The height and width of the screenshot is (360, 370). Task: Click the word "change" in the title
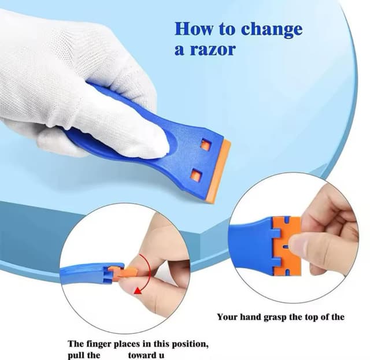click(272, 29)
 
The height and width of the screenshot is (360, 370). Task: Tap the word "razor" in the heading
click(213, 50)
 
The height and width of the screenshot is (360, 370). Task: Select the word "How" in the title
click(194, 28)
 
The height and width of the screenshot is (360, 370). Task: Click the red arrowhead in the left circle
click(138, 291)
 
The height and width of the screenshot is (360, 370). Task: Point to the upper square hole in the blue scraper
click(205, 145)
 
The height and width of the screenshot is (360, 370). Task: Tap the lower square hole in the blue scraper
click(197, 175)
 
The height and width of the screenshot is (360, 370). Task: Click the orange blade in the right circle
click(287, 246)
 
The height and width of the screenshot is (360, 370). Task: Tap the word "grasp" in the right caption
click(275, 318)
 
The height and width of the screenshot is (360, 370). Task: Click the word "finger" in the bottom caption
click(99, 344)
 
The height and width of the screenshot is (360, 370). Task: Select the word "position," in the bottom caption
click(190, 344)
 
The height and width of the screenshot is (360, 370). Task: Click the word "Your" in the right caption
click(227, 317)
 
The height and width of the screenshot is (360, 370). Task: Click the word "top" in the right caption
click(311, 318)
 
